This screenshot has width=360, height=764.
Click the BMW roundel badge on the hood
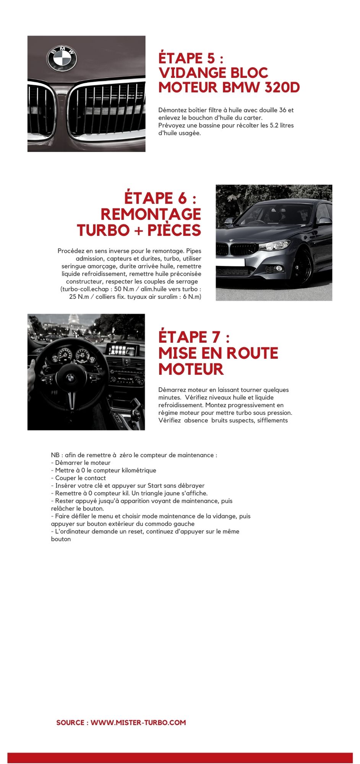point(62,58)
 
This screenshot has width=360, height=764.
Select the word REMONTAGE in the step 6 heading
point(151,214)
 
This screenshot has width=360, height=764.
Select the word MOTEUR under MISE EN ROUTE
point(191,369)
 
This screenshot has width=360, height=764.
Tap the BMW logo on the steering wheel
point(70,378)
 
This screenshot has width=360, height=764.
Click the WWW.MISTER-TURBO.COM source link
point(138,722)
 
